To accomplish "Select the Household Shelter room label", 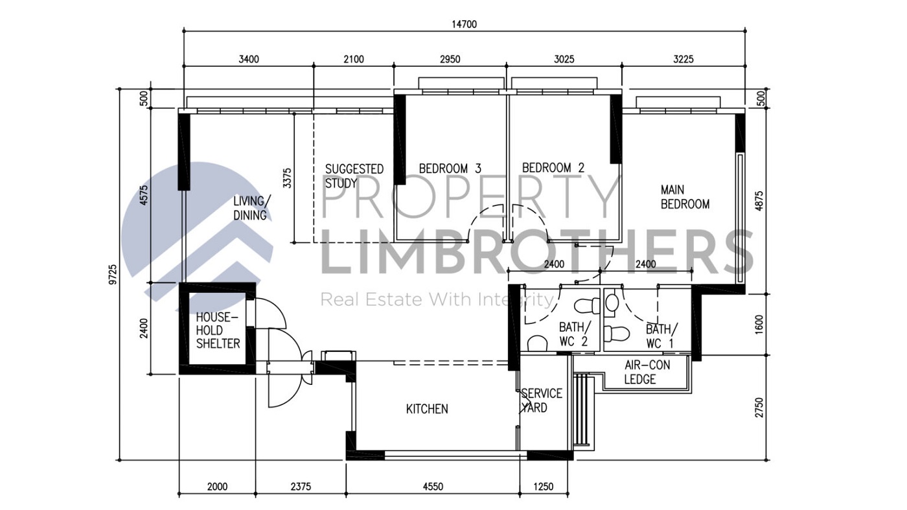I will [218, 330].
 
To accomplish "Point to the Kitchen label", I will [427, 409].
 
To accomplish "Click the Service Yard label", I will [541, 400].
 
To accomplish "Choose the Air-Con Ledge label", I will [647, 373].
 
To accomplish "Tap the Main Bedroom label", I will [685, 197].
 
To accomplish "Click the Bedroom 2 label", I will [553, 168].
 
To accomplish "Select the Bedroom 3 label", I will [450, 168].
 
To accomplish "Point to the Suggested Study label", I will [354, 176].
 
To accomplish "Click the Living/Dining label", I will [253, 207].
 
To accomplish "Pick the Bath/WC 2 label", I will [573, 334].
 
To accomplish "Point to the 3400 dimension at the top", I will [248, 60].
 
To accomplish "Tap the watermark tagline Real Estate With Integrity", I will [438, 299].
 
